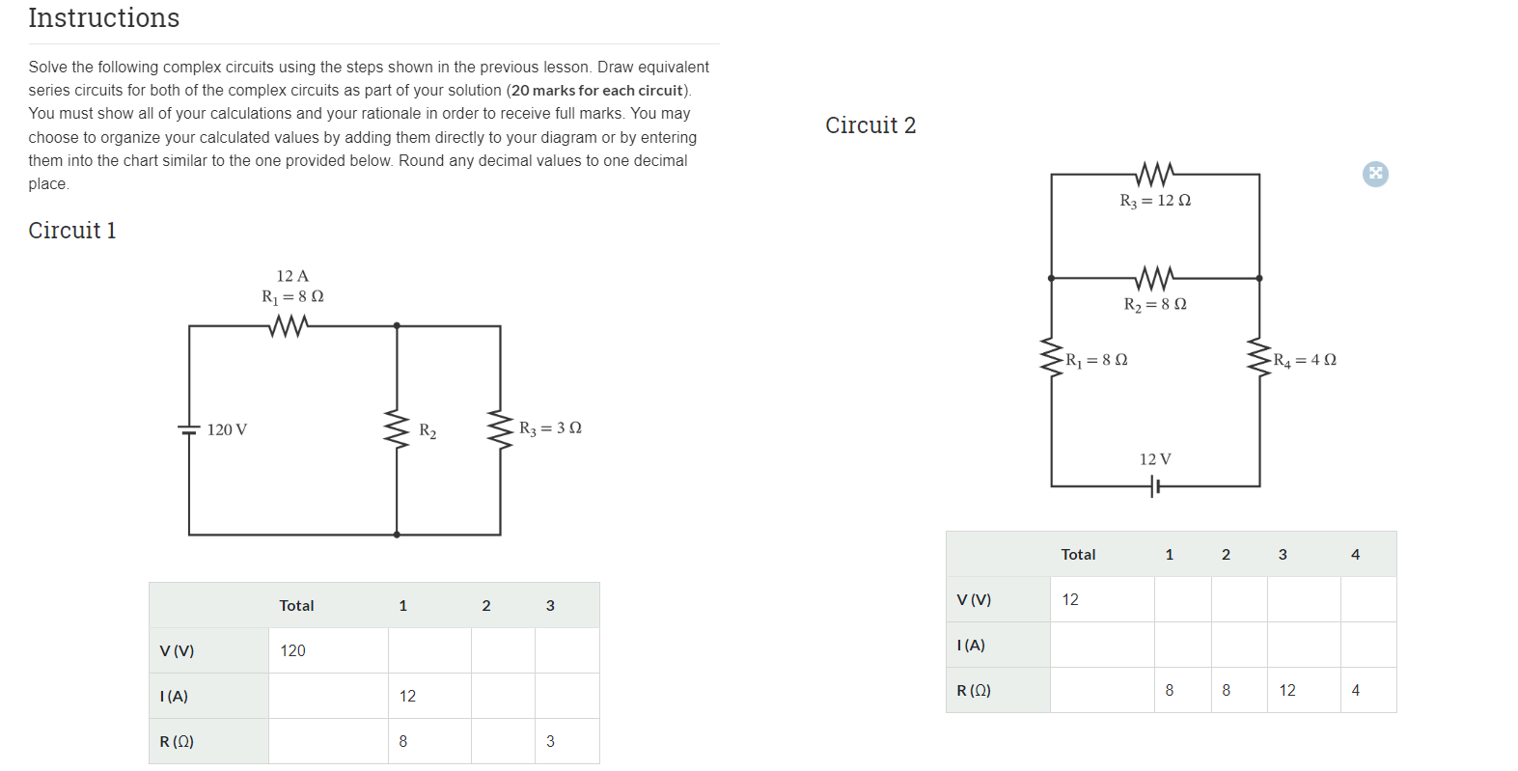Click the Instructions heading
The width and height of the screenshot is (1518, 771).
click(x=104, y=18)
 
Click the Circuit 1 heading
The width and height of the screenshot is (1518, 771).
click(x=72, y=231)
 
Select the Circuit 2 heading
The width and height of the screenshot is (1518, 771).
click(x=870, y=125)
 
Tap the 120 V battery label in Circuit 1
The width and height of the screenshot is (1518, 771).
click(x=227, y=429)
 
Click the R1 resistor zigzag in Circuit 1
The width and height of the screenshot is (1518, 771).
click(x=288, y=326)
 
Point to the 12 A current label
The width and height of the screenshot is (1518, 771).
click(x=292, y=276)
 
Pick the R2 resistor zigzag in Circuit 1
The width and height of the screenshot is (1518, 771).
click(x=397, y=429)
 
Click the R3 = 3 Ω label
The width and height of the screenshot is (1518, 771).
click(x=550, y=427)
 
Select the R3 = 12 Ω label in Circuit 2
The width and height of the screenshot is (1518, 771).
click(x=1155, y=201)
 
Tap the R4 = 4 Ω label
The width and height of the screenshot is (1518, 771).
click(x=1305, y=360)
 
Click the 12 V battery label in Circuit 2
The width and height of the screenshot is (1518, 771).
click(x=1155, y=459)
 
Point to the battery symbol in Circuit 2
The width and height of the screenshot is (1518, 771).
click(x=1155, y=487)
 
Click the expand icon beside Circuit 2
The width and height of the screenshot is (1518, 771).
click(x=1375, y=174)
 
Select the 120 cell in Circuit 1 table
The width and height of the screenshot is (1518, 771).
click(x=292, y=651)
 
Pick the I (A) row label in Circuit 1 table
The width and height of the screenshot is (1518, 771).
click(x=174, y=697)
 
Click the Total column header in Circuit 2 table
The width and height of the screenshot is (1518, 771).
click(x=1078, y=555)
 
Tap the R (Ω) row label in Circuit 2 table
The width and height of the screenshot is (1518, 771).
click(x=974, y=691)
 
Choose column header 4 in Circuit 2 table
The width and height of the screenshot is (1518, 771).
click(x=1355, y=555)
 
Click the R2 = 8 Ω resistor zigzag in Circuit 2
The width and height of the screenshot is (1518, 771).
click(x=1155, y=278)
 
